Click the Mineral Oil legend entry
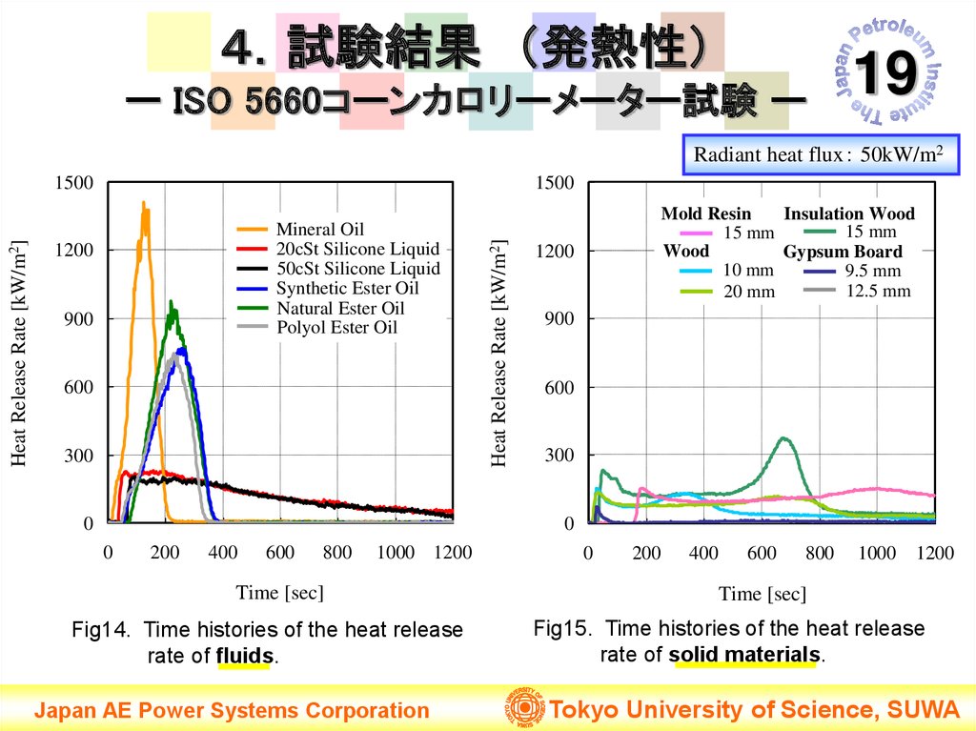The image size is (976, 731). tap(319, 230)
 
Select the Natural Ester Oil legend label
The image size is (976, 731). tap(340, 308)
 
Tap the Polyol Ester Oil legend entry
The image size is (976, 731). tap(336, 328)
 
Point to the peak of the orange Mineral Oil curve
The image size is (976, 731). tap(143, 203)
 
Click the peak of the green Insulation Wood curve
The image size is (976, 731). tap(783, 438)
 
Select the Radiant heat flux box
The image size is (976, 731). tap(820, 155)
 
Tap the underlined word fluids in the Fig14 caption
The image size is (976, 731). tap(245, 656)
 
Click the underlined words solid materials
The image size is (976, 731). tap(744, 655)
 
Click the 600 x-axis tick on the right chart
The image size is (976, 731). tap(762, 554)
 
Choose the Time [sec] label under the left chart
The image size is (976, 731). tap(280, 593)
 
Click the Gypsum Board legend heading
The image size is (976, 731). tap(843, 253)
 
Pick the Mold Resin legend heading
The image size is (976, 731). tap(706, 213)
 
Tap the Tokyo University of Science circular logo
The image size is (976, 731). tap(522, 709)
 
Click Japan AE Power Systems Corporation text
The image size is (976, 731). tap(233, 710)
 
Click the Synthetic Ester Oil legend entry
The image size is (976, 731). tap(347, 288)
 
